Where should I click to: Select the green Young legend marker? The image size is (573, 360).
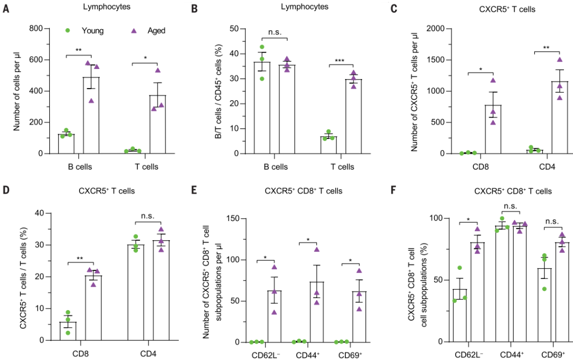[67, 30]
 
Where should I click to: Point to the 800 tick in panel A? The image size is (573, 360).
[36, 28]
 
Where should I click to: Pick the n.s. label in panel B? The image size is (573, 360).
[275, 31]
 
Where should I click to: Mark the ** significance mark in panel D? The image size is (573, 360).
[81, 258]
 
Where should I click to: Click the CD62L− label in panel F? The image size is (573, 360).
[467, 354]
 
